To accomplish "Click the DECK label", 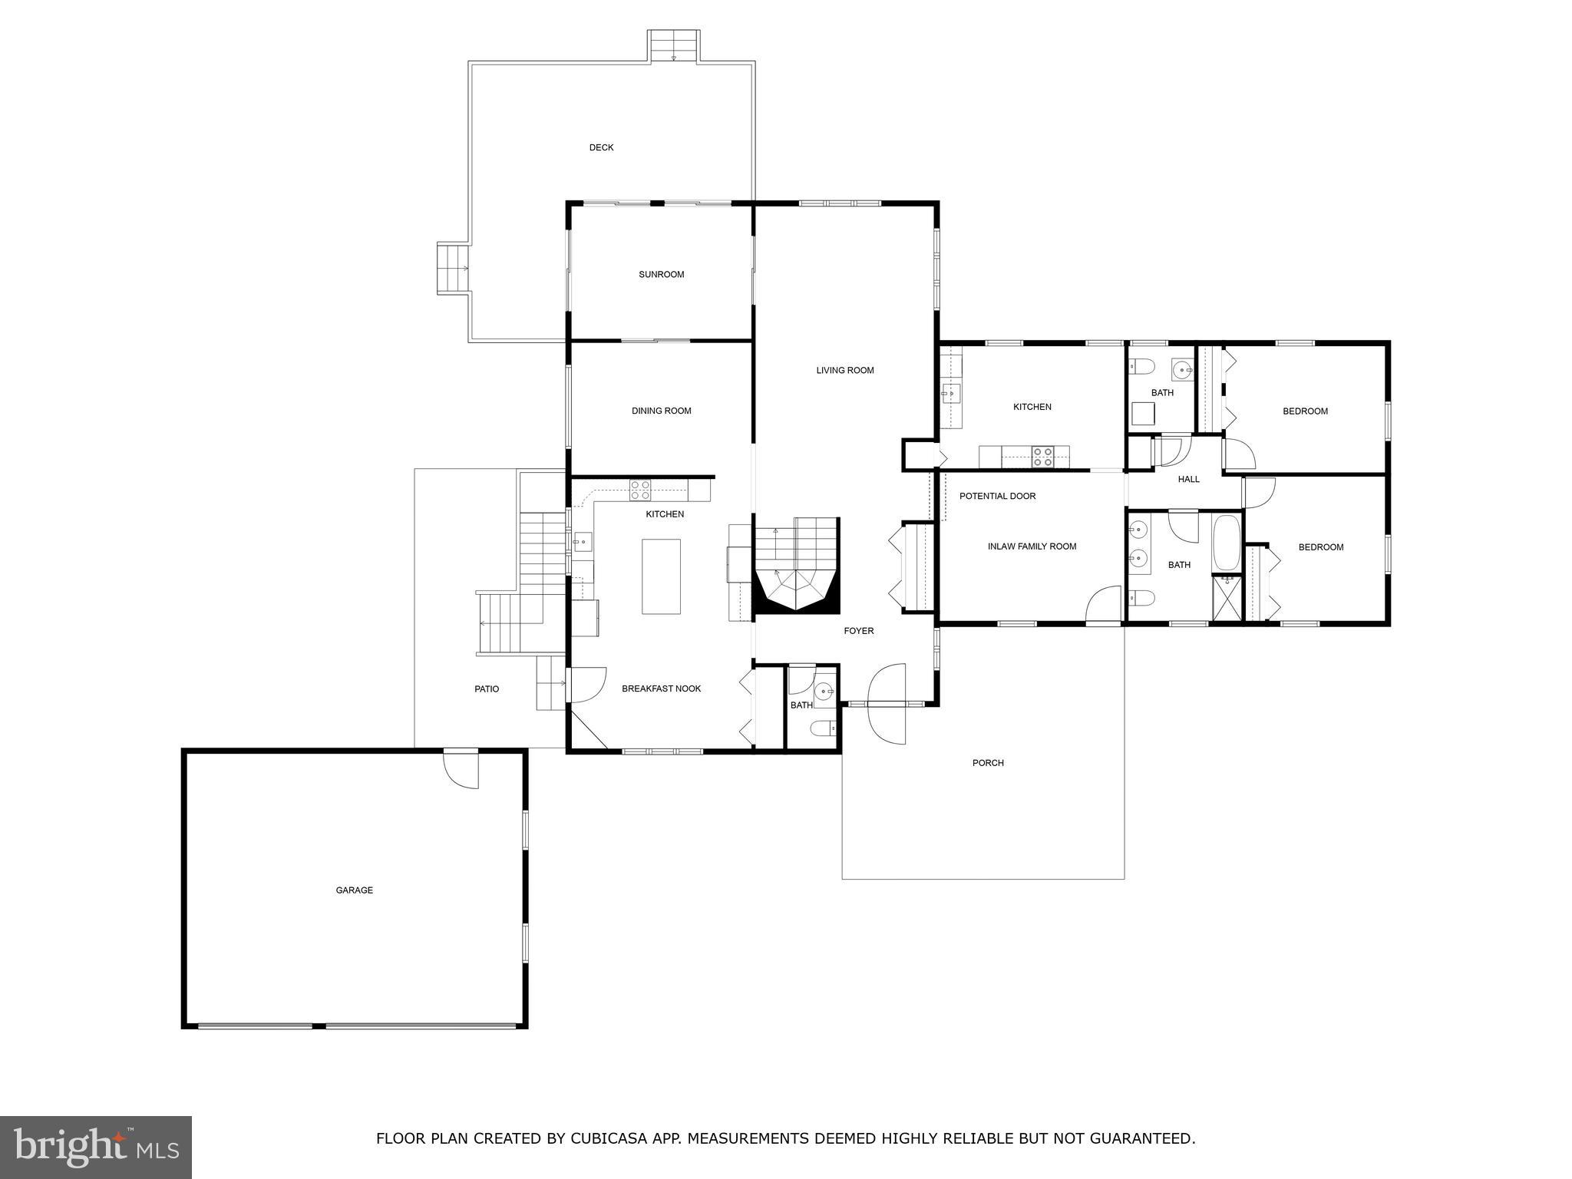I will point(601,147).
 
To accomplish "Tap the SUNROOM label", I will point(661,274).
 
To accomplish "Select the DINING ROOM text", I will point(661,411).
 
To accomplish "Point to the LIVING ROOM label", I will point(844,370).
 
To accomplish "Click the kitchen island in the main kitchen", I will point(661,576).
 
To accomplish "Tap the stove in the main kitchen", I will point(640,490).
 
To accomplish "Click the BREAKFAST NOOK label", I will point(661,689).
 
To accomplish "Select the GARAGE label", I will point(354,890).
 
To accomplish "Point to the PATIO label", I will point(486,689).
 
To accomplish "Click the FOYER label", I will point(858,631).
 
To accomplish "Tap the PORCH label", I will point(988,762).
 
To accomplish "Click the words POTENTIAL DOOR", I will point(997,496).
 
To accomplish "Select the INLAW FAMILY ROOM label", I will point(1032,547).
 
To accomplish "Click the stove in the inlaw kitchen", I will point(1042,457).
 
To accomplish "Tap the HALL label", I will point(1188,479).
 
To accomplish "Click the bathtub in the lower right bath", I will point(1226,543).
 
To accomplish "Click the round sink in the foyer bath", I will point(824,690).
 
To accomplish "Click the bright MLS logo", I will point(95,1147).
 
